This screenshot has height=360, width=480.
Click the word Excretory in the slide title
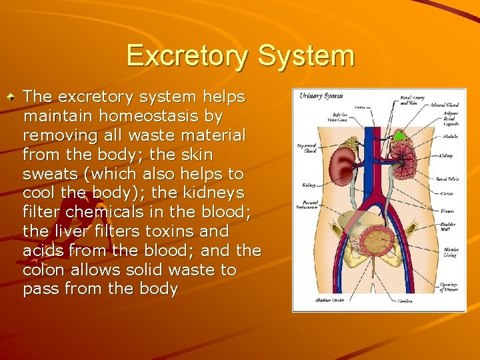[190, 56]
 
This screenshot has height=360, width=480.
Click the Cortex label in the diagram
[447, 193]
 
